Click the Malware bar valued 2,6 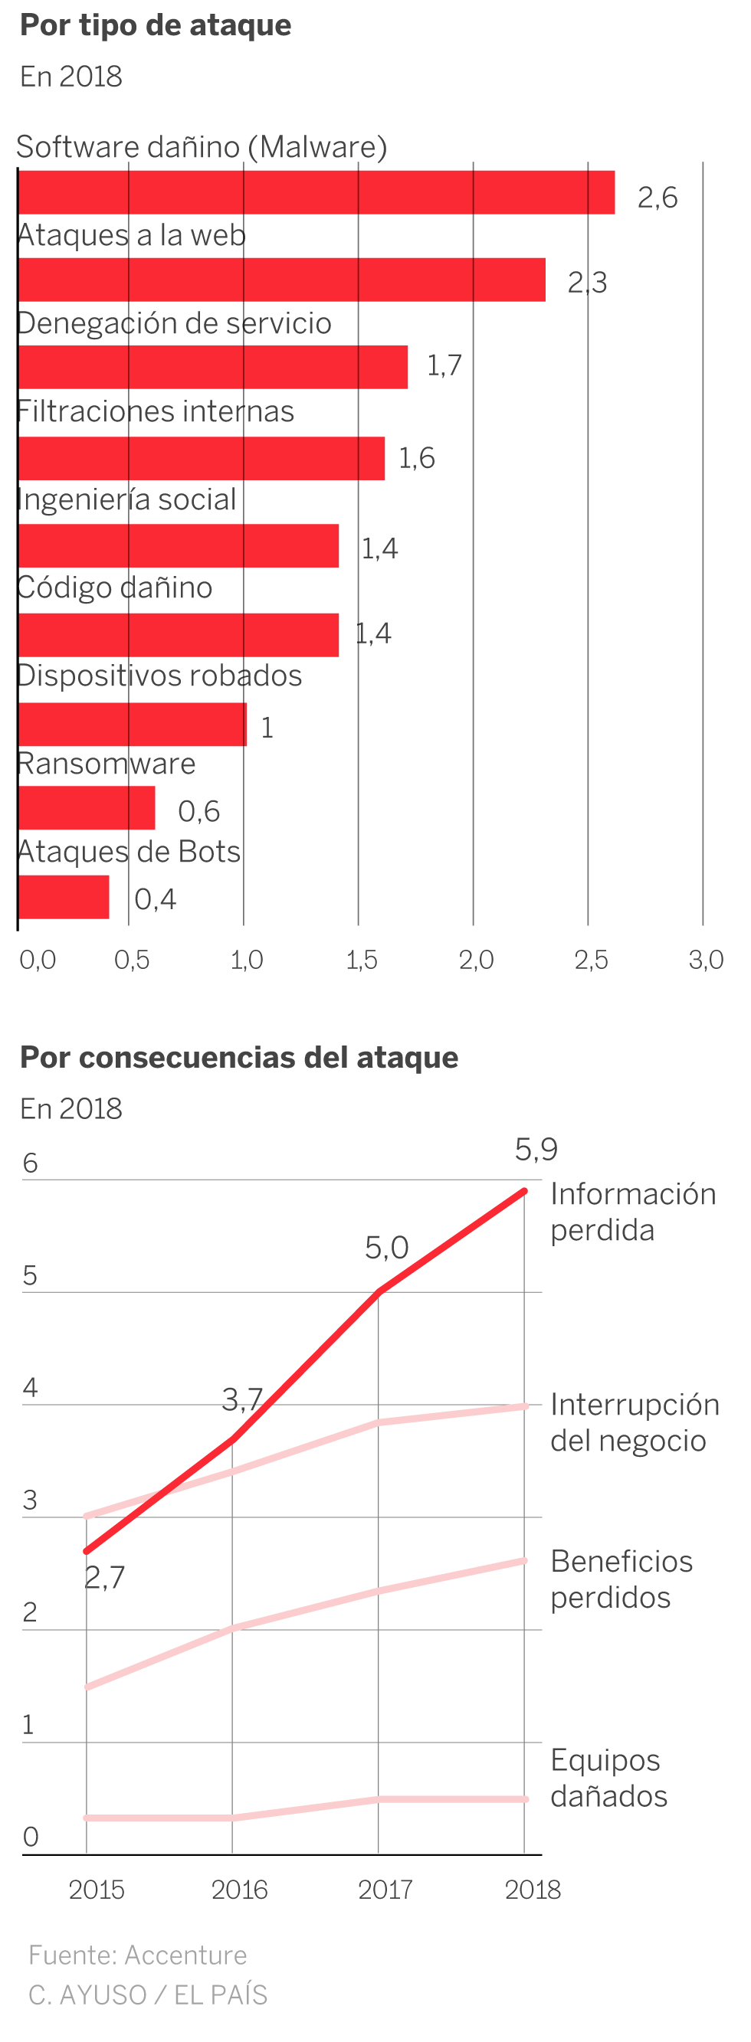(x=316, y=191)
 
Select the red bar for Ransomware (x=86, y=808)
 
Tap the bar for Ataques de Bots (x=64, y=897)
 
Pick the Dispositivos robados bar (x=132, y=724)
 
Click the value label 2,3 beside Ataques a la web (x=587, y=282)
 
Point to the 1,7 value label (x=444, y=365)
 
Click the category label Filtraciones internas (x=156, y=411)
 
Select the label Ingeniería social (x=127, y=499)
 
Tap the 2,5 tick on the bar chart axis (x=591, y=960)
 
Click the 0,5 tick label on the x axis (x=132, y=960)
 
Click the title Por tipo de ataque (x=156, y=25)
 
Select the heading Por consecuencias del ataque (x=238, y=1058)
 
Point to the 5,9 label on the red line (x=536, y=1150)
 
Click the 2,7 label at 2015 (x=105, y=1578)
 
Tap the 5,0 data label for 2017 (x=387, y=1248)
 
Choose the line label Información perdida (x=632, y=1212)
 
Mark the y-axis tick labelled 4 (x=30, y=1387)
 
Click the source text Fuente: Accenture (x=137, y=1955)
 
